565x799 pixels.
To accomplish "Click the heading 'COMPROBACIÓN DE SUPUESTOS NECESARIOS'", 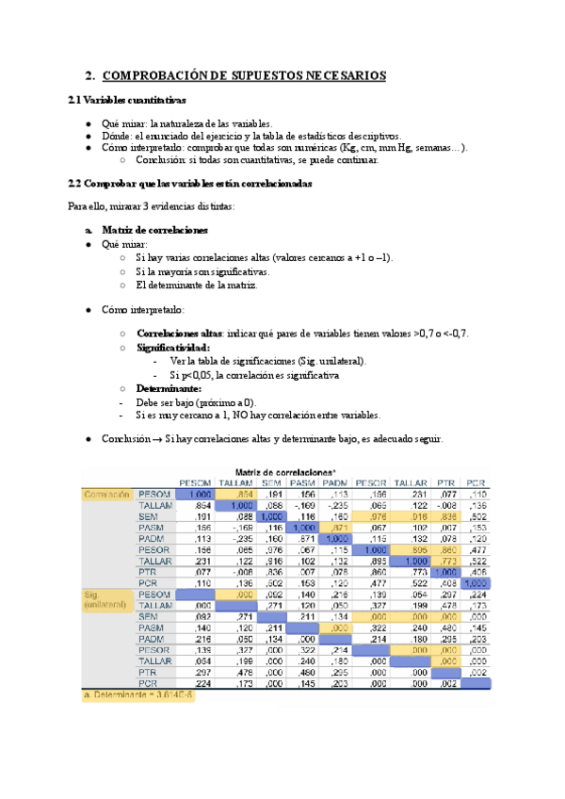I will (x=242, y=75).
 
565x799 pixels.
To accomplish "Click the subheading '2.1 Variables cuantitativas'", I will (x=127, y=100).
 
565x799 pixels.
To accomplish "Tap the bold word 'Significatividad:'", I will (x=173, y=348).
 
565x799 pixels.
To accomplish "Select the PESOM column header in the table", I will (x=195, y=482).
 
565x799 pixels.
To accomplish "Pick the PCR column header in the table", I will (x=476, y=482).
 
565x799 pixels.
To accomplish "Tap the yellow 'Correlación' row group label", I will (x=105, y=494).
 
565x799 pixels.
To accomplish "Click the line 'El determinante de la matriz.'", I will (x=195, y=285).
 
